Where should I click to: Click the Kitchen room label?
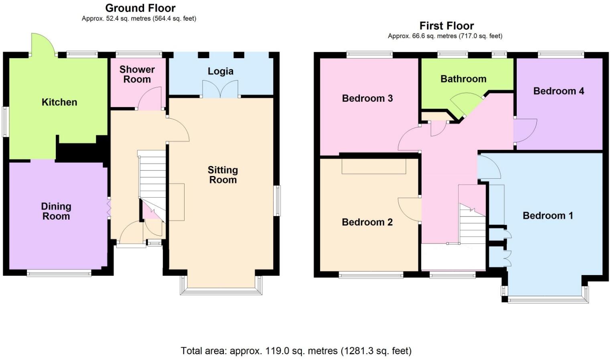[59, 102]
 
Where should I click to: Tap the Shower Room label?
[137, 74]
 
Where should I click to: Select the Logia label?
[220, 71]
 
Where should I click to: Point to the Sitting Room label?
[223, 175]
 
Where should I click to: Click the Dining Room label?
[56, 211]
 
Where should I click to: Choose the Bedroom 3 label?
[367, 98]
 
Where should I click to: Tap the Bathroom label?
[463, 79]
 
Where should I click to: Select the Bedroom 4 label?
[558, 91]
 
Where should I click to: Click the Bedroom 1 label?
[548, 216]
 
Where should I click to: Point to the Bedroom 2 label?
[367, 222]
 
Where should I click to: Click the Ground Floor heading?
[140, 8]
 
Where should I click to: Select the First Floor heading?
[447, 26]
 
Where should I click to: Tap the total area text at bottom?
[296, 351]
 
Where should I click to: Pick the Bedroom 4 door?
[525, 131]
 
